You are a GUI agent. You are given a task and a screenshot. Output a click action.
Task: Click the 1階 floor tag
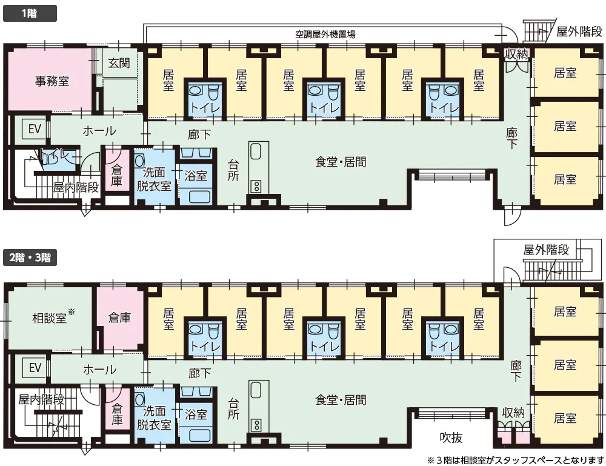click(x=30, y=13)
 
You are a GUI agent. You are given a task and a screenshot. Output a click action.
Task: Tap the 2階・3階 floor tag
click(x=30, y=258)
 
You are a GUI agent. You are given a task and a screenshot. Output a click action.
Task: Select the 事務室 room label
click(x=52, y=81)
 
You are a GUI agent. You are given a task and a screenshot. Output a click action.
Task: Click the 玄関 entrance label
click(x=119, y=63)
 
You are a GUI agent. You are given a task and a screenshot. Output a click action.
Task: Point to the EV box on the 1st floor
click(x=35, y=128)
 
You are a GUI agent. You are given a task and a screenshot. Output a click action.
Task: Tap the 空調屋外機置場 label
click(x=325, y=35)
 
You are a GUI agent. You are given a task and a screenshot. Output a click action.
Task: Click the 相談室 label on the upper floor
click(x=50, y=318)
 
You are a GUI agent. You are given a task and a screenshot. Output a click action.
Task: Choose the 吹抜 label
click(x=451, y=438)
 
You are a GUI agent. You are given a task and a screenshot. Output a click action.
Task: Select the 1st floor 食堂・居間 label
click(x=341, y=162)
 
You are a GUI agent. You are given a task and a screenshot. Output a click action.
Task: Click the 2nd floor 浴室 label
click(x=196, y=414)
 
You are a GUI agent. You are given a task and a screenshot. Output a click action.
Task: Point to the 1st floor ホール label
click(x=99, y=131)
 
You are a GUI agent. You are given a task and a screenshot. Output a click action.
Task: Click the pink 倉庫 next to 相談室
click(x=119, y=318)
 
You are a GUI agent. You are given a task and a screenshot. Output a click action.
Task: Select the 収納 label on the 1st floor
click(x=516, y=54)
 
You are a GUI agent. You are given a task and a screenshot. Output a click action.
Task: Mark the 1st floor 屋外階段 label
click(x=579, y=32)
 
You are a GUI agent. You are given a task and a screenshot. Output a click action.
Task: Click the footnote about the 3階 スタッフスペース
click(x=516, y=460)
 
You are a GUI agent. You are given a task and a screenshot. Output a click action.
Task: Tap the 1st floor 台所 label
click(x=233, y=170)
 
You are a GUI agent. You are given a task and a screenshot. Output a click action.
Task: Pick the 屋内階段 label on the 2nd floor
click(x=41, y=399)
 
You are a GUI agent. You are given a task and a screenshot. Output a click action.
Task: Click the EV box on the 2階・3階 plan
click(x=35, y=367)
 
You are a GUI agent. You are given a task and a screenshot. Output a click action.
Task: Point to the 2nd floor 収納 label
click(x=513, y=413)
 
